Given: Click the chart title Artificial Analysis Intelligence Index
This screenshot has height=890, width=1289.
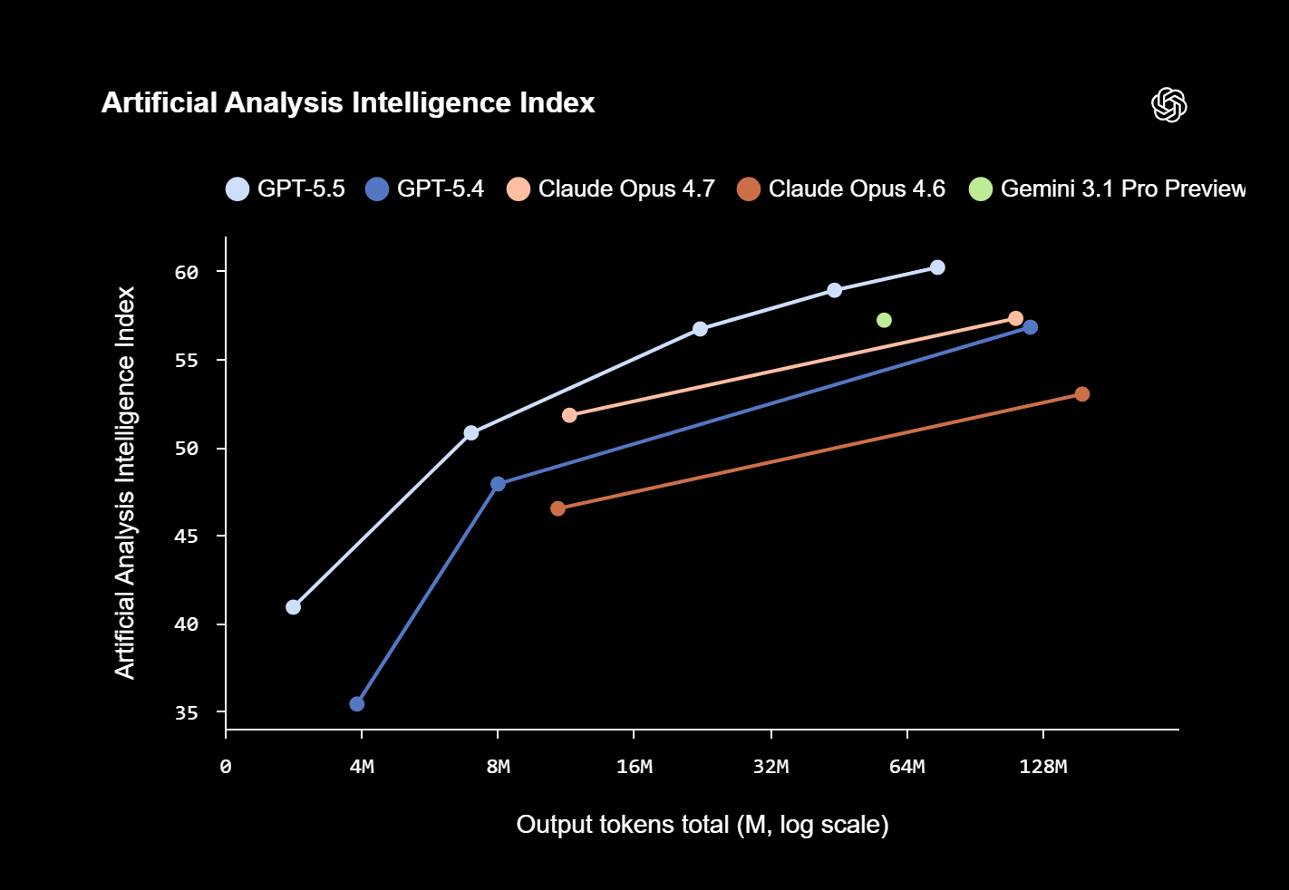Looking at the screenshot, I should [x=348, y=103].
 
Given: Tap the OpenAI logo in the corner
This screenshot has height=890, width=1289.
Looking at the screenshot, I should [x=1168, y=105].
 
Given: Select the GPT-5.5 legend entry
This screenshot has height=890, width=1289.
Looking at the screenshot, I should [x=286, y=189].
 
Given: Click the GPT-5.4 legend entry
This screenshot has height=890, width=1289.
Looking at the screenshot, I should [x=425, y=189].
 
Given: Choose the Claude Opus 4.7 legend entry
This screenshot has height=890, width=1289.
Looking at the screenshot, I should [x=612, y=189].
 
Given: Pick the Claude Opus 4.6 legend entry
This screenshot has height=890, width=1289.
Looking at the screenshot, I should [x=842, y=189].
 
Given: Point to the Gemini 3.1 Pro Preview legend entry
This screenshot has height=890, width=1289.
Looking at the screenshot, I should [x=1108, y=189].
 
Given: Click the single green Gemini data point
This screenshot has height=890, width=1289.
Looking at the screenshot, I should [x=884, y=320].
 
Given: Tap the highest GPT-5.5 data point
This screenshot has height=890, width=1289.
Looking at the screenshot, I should [x=937, y=267].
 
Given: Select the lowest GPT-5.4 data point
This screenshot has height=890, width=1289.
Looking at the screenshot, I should [x=357, y=704].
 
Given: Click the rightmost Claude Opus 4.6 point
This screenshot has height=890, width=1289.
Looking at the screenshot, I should [x=1081, y=394].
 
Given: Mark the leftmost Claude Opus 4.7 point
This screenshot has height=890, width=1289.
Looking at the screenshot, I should [x=569, y=415].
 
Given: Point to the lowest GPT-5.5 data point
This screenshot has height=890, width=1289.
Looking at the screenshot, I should [x=293, y=607].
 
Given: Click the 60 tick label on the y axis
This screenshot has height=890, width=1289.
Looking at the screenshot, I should [x=187, y=273].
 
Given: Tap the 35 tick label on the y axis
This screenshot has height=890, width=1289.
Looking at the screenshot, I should [x=187, y=713].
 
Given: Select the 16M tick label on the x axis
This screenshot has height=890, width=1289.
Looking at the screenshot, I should [x=634, y=768].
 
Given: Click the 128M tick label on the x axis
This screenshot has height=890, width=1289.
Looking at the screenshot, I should [x=1042, y=768].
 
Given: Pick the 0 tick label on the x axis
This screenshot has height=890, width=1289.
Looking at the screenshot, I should [x=226, y=768].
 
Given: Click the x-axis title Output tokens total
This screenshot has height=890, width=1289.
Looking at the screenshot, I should [x=702, y=825].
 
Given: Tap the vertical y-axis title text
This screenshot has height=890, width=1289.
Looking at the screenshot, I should [x=125, y=482].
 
